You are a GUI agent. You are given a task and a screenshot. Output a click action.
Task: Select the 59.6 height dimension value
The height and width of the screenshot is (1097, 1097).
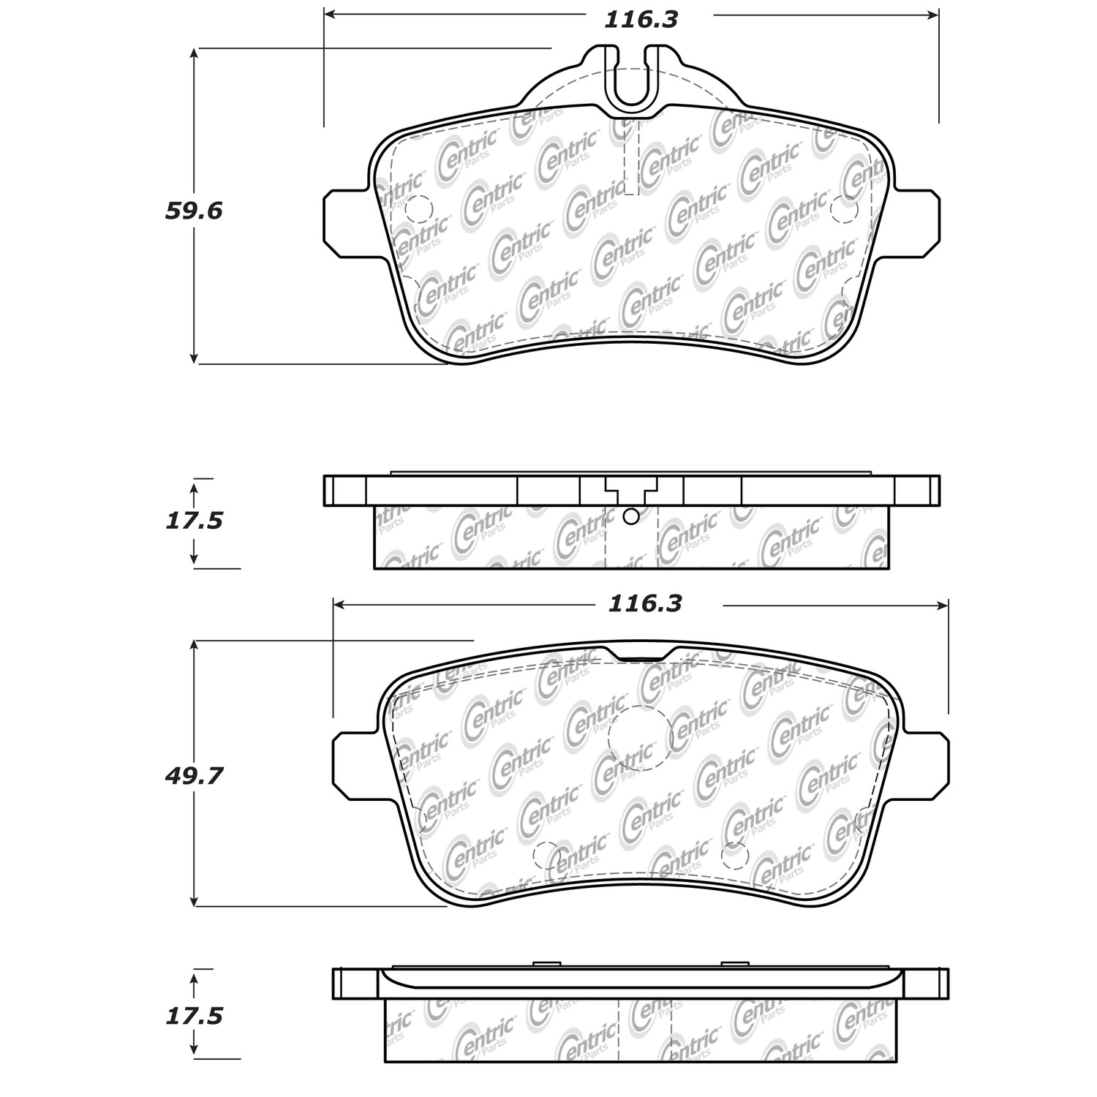point(194,211)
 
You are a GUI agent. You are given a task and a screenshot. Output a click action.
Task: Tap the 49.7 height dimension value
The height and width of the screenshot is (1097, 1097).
point(194,776)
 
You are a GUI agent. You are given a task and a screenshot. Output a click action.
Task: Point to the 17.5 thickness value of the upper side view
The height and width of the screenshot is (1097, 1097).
point(194,521)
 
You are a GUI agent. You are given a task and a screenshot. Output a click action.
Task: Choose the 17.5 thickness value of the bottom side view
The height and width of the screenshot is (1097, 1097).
point(194,1016)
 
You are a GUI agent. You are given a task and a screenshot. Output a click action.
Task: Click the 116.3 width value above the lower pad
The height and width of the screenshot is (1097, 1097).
point(645,603)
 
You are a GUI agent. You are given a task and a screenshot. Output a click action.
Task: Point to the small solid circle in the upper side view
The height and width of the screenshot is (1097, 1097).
point(630,517)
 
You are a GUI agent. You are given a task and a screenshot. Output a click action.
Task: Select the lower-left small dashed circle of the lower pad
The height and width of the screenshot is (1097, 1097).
point(546,855)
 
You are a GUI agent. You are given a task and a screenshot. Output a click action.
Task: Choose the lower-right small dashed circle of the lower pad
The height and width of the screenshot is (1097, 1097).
point(733,855)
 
